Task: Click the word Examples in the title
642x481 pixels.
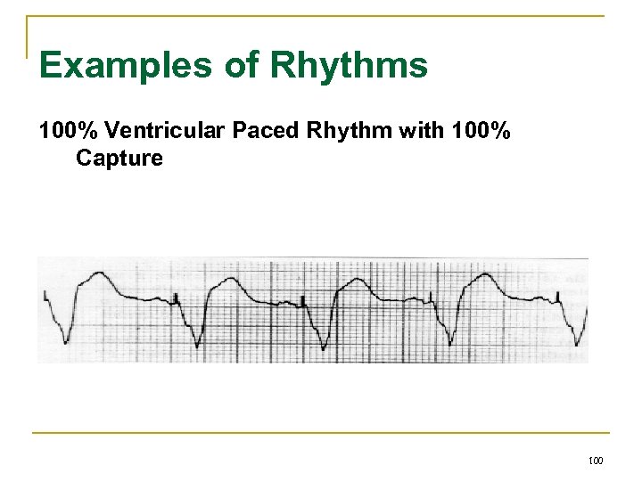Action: coord(103,65)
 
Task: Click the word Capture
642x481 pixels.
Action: coord(119,159)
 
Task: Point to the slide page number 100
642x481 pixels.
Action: coord(596,461)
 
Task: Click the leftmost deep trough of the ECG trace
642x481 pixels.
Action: coord(65,341)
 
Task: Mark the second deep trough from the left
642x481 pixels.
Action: coord(197,346)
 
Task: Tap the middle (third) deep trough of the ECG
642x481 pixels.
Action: coord(323,346)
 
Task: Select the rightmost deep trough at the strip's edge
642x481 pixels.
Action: coord(580,343)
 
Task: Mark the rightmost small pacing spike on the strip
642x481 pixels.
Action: coord(559,296)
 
